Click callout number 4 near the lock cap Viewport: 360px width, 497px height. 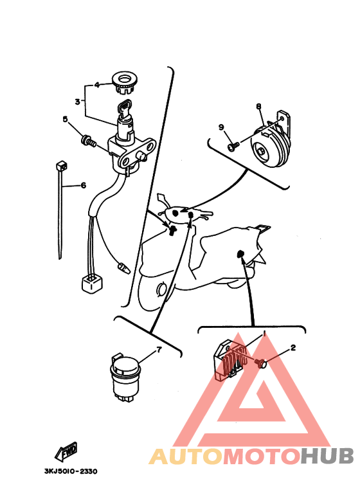click(97, 85)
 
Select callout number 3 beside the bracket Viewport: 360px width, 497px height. click(77, 102)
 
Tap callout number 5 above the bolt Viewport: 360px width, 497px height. click(66, 119)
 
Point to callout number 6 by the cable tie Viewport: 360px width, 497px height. click(84, 185)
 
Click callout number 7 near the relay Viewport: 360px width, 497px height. click(159, 350)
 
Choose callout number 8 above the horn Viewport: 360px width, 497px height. click(259, 106)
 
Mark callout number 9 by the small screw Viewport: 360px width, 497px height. click(221, 127)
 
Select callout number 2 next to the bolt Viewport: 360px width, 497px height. click(293, 348)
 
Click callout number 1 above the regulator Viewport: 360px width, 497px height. click(264, 334)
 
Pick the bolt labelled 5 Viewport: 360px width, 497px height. click(89, 141)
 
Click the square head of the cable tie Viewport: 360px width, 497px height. click(62, 166)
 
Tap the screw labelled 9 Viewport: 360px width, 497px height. click(233, 146)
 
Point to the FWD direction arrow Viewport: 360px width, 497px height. click(67, 451)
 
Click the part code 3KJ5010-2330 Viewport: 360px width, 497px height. click(71, 471)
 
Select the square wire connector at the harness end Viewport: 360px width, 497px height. click(92, 283)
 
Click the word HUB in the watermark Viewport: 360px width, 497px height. click(327, 456)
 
